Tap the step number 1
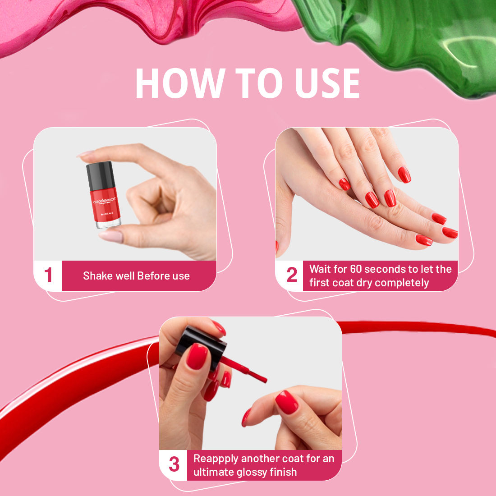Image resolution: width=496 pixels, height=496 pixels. (x=48, y=276)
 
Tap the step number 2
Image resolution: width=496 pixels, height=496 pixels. (x=292, y=275)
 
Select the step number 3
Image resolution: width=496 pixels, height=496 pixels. (x=174, y=465)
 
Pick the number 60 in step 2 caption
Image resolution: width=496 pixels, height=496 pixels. (x=356, y=269)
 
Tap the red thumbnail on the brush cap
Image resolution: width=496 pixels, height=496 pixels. (x=197, y=356)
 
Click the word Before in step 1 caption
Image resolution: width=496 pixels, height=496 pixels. (x=153, y=276)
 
